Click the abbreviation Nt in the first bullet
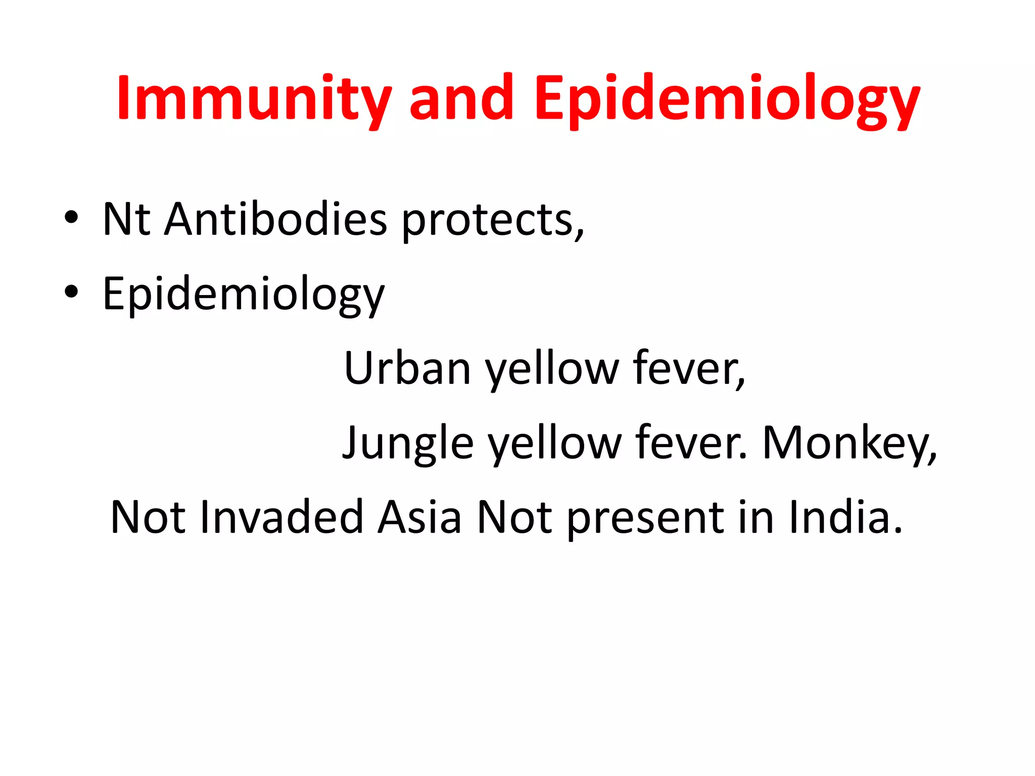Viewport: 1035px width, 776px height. pos(126,219)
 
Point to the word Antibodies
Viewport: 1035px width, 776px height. pos(275,219)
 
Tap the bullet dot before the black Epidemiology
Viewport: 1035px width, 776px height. pos(71,292)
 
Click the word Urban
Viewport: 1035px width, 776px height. pos(407,368)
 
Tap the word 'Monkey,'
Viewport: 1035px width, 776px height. pos(849,444)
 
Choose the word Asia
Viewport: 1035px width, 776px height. pos(419,517)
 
